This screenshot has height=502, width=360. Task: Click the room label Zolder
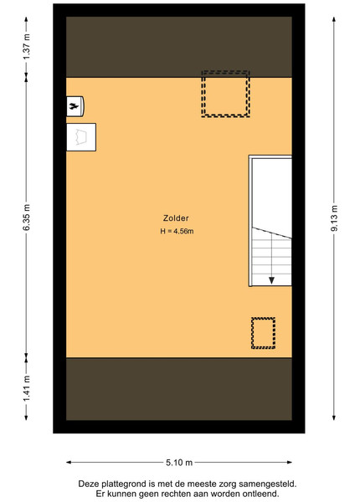[x=176, y=218]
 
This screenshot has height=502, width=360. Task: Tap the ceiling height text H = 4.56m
[x=177, y=231]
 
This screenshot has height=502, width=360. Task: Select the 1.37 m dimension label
[x=27, y=46]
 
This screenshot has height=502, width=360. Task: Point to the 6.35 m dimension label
[x=27, y=217]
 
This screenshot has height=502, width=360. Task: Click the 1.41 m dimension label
[x=27, y=388]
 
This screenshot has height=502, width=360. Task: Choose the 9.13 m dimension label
[x=334, y=218]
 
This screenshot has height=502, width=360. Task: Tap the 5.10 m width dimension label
[x=179, y=463]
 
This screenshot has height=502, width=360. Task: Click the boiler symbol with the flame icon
[x=75, y=106]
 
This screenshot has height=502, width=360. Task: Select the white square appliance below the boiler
[x=81, y=137]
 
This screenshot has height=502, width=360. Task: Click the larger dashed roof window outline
[x=225, y=72]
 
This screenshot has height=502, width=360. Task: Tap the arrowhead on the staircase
[x=271, y=280]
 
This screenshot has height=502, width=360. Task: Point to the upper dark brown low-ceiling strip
[x=179, y=47]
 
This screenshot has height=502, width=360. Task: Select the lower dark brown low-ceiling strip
[x=179, y=389]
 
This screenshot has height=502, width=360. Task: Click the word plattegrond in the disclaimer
[x=119, y=484]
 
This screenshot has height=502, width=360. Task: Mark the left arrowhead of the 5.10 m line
[x=69, y=463]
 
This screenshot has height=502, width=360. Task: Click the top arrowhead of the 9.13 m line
[x=334, y=19]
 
